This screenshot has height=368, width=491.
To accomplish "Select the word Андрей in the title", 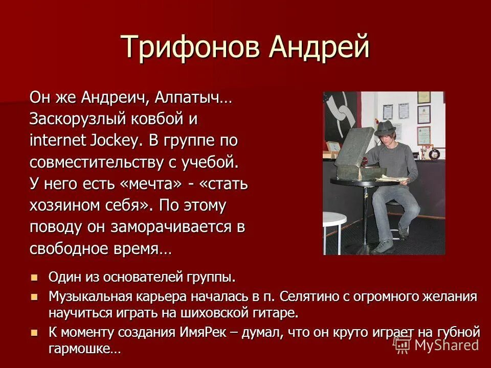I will coord(319,48).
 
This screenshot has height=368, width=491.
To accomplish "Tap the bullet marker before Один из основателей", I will coord(35,278).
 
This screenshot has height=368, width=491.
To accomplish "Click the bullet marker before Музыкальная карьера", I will coord(35,296).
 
